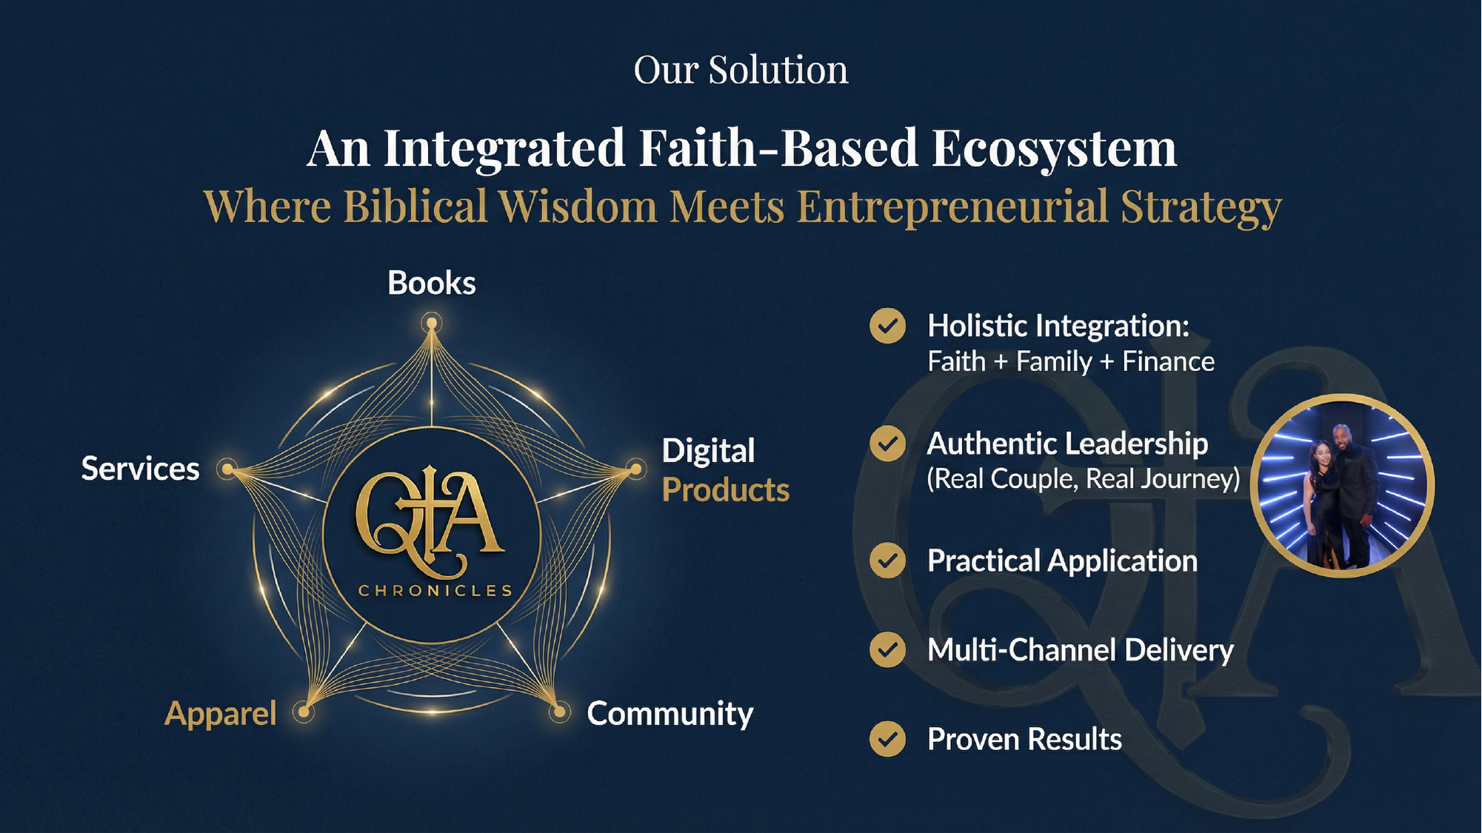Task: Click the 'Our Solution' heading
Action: (741, 70)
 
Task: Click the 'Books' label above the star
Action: (432, 283)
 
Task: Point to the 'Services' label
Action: (141, 469)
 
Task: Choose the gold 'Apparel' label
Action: (221, 714)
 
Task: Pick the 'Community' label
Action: (670, 714)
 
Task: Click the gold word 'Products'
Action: (726, 490)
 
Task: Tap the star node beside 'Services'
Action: (228, 469)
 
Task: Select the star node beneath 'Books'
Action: (432, 324)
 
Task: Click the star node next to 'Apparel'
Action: (304, 712)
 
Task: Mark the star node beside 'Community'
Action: (560, 713)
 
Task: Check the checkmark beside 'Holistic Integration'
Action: (887, 326)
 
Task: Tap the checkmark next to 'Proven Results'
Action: (887, 739)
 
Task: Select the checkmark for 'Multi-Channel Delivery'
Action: (887, 650)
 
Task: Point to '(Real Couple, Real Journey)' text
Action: (1084, 479)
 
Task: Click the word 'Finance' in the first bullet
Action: (1169, 361)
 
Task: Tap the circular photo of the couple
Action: (1343, 486)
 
